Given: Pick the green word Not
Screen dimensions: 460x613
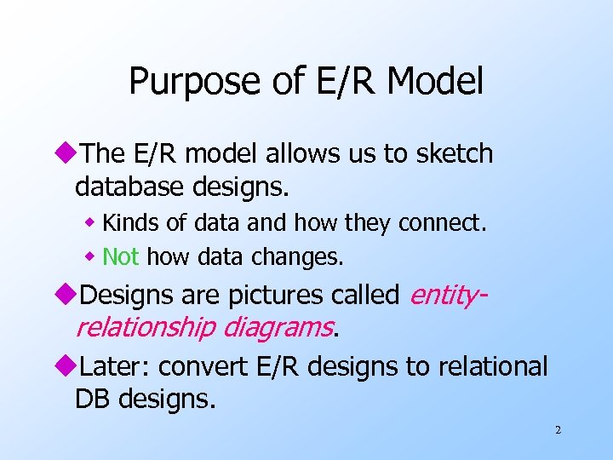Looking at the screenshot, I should pos(120,256).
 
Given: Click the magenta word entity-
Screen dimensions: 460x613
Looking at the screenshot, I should pos(448,295).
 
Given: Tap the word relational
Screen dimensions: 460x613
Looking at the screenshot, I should pos(493,366).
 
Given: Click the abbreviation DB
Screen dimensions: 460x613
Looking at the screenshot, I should pos(93,398).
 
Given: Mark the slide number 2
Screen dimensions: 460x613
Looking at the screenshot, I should pos(558,431).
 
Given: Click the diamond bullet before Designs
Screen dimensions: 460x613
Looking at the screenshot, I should pos(69,296).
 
